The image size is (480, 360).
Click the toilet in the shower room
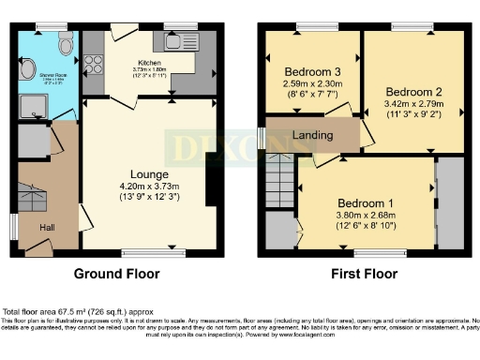[65, 43]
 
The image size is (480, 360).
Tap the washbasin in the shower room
[24, 67]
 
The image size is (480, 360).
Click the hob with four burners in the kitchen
[94, 67]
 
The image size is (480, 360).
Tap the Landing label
[312, 136]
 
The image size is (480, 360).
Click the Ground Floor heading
[116, 275]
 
